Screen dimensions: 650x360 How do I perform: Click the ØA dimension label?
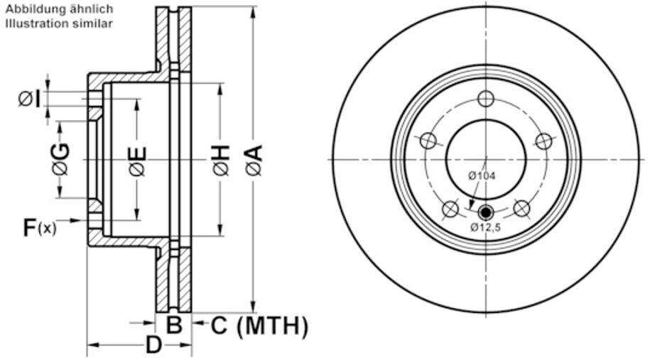pos(254,160)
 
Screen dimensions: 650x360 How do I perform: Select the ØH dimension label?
pos(221,160)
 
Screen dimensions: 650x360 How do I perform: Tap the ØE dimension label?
pos(137,160)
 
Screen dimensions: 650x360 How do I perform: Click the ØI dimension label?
pos(30,99)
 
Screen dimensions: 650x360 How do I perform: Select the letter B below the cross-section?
pos(174,326)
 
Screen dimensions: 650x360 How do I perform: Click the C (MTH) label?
pos(259,326)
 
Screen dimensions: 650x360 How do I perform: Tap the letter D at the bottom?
pos(154,347)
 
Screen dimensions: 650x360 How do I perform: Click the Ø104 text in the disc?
pos(482,175)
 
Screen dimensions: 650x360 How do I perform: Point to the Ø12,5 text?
pos(486,227)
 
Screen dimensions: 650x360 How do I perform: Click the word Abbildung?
pos(33,10)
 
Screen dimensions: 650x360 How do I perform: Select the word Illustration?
pos(33,23)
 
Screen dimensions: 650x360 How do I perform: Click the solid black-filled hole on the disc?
pos(486,211)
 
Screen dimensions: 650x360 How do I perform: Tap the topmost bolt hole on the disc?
pos(486,99)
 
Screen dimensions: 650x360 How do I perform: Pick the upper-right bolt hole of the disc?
pos(543,141)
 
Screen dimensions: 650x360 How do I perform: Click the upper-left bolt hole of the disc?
pos(428,141)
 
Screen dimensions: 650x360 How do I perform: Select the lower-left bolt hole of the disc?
pos(450,209)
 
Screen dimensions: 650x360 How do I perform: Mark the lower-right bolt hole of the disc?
pos(521,209)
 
